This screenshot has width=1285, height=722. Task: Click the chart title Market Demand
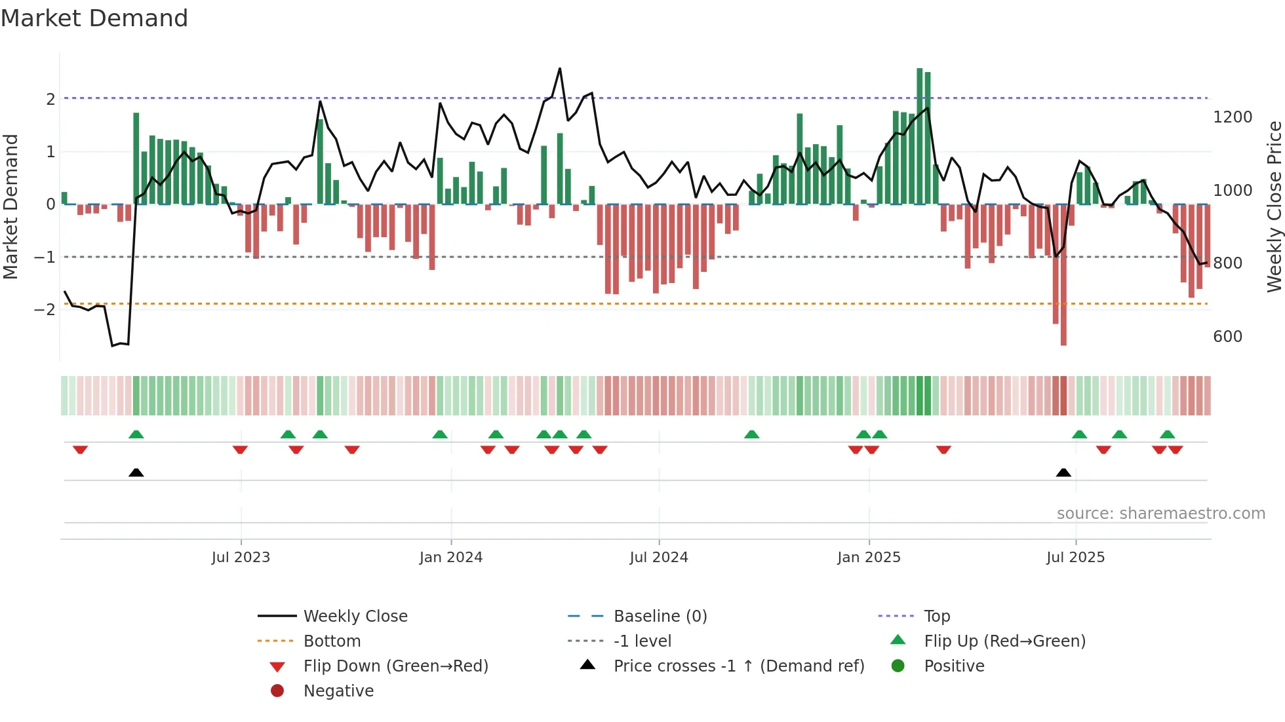pyautogui.click(x=94, y=18)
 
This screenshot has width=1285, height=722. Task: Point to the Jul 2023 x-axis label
pyautogui.click(x=241, y=558)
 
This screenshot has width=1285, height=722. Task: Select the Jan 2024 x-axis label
pyautogui.click(x=450, y=558)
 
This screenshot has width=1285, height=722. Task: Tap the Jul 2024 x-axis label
pyautogui.click(x=658, y=558)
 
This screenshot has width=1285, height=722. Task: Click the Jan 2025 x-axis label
pyautogui.click(x=869, y=558)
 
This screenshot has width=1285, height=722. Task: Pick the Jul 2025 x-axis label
pyautogui.click(x=1075, y=558)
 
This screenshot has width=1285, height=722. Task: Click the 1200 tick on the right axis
pyautogui.click(x=1233, y=117)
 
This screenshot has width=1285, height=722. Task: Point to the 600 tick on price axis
pyautogui.click(x=1227, y=337)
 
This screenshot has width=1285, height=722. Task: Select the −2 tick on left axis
pyautogui.click(x=45, y=309)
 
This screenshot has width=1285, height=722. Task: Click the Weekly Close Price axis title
pyautogui.click(x=1274, y=206)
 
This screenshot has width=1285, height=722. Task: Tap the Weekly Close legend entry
pyautogui.click(x=355, y=617)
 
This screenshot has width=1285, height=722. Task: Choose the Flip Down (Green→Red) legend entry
pyautogui.click(x=395, y=666)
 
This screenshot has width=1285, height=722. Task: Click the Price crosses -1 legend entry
pyautogui.click(x=738, y=666)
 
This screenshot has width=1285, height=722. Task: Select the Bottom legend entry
pyautogui.click(x=332, y=641)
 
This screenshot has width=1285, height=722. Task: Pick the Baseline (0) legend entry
pyautogui.click(x=660, y=617)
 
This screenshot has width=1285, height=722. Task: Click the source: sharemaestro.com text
pyautogui.click(x=1160, y=514)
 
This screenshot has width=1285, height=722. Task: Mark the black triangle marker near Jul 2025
pyautogui.click(x=1063, y=473)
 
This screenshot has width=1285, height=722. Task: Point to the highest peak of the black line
pyautogui.click(x=560, y=69)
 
